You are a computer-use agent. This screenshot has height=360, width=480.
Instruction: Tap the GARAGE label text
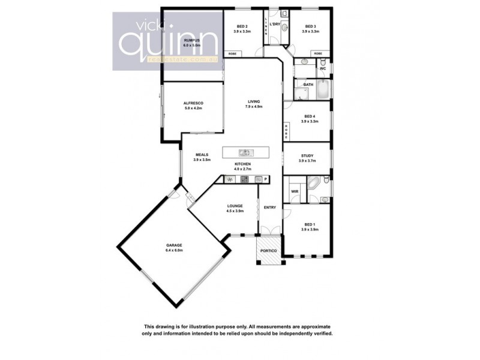click(174, 245)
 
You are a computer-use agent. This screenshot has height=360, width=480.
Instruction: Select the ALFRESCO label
click(193, 103)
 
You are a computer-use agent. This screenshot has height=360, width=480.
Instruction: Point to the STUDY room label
click(307, 155)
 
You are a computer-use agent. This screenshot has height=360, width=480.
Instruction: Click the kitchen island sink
click(245, 152)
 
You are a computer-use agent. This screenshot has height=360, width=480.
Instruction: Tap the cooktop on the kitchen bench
click(245, 179)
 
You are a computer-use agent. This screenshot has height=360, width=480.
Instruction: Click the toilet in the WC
click(322, 61)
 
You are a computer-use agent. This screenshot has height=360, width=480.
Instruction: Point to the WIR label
click(295, 191)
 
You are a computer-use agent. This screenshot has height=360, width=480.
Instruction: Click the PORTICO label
click(268, 250)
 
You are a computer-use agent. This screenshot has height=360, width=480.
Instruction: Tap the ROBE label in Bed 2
click(232, 54)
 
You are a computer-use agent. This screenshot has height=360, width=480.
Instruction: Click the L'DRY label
click(275, 24)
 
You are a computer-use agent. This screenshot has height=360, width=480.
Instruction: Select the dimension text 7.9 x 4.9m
click(251, 106)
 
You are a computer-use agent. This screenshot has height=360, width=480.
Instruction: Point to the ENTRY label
click(269, 208)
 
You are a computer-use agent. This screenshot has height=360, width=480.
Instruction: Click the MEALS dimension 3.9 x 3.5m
click(202, 160)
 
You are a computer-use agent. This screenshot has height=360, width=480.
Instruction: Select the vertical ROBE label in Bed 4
click(287, 131)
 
